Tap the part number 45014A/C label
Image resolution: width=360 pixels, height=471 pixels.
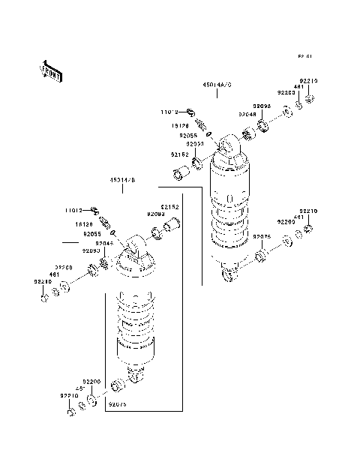(217, 85)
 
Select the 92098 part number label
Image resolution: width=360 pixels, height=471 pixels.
(262, 106)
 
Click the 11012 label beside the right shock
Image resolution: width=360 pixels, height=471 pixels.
(169, 111)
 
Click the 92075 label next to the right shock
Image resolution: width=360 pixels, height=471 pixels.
(262, 236)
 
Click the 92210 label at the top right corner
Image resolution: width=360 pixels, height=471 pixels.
(309, 79)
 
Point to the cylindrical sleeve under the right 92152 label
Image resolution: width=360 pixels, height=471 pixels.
(179, 176)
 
